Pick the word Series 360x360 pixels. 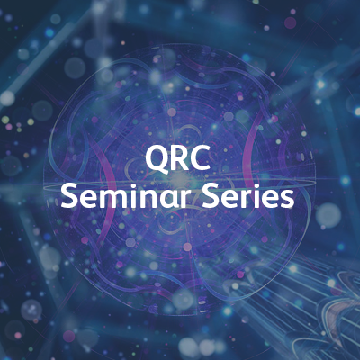coord(250,196)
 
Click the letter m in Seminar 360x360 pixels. coord(112,198)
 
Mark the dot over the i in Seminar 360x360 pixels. coord(130,185)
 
